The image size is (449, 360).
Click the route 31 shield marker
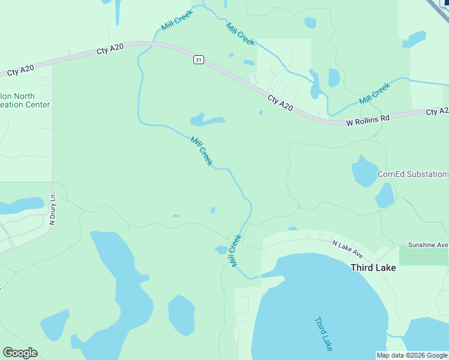[x=199, y=59]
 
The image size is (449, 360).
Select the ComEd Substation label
[x=412, y=175]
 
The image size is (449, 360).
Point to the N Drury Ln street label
[x=52, y=210]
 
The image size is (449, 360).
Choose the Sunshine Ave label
[x=428, y=245]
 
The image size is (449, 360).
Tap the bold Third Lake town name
[x=373, y=268]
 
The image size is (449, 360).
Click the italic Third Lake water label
[x=324, y=334]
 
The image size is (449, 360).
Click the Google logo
[x=20, y=353]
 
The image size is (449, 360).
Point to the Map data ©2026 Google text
[x=412, y=355]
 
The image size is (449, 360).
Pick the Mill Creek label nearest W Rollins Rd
[x=375, y=94]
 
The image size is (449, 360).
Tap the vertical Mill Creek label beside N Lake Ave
[x=235, y=251]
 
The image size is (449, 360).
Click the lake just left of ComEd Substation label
[x=364, y=172]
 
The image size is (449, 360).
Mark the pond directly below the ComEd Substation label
[x=385, y=196]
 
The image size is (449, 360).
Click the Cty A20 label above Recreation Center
[x=20, y=70]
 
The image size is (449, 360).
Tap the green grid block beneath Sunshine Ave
[x=423, y=257]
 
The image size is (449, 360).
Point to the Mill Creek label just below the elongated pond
[x=201, y=151]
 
